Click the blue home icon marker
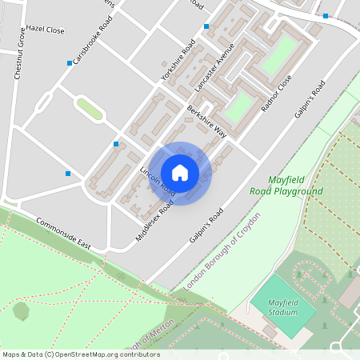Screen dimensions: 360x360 (180, 172)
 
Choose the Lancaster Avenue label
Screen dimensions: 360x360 (213, 66)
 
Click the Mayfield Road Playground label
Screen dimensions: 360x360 (295, 186)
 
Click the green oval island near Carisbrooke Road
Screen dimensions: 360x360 (89, 108)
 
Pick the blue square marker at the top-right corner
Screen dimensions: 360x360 (326, 16)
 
